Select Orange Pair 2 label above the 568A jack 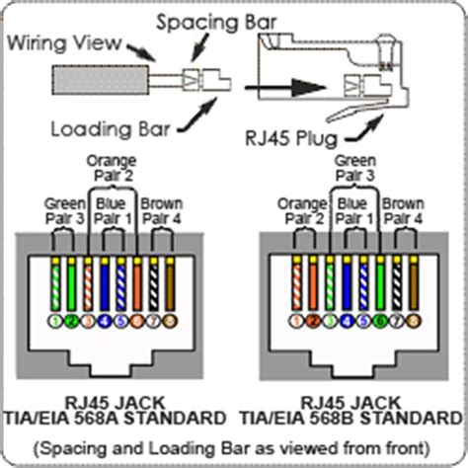click(x=106, y=167)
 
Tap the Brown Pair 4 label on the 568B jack click(x=405, y=210)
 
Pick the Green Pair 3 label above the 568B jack click(x=354, y=167)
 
